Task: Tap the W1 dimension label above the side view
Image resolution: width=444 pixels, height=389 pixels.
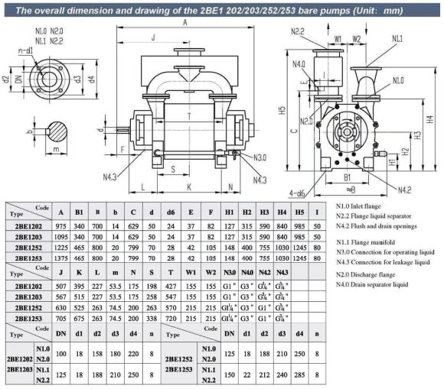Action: (338, 37)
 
